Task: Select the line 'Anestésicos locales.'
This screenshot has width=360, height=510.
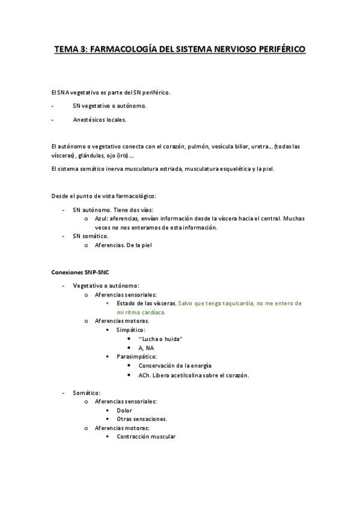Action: [x=100, y=119]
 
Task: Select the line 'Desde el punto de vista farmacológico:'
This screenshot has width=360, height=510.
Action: [x=104, y=196]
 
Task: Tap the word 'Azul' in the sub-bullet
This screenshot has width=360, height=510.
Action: [x=101, y=219]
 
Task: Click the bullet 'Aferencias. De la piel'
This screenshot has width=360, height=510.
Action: [x=124, y=245]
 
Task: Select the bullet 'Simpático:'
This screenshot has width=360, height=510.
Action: [x=130, y=330]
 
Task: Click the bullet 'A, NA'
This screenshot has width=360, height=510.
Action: [x=146, y=348]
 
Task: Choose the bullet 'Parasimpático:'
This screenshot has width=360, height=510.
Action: [x=136, y=357]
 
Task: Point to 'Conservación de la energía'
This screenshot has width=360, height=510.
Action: [x=175, y=366]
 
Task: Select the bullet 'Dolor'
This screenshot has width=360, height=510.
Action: [x=124, y=410]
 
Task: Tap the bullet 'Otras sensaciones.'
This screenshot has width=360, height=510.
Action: [x=142, y=419]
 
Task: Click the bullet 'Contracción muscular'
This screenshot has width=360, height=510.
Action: [x=146, y=437]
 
